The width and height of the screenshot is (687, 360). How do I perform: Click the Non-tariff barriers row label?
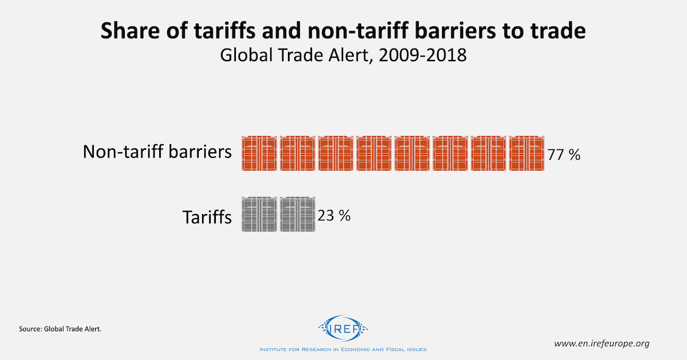click(157, 152)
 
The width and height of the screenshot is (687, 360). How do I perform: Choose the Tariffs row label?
click(207, 217)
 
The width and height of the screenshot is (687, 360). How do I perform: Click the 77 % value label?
click(564, 155)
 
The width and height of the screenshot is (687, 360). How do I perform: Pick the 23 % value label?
click(333, 216)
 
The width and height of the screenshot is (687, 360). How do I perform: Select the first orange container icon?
click(259, 153)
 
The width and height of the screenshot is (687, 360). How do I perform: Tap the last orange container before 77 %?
click(526, 153)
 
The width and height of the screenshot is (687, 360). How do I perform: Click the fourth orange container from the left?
click(373, 153)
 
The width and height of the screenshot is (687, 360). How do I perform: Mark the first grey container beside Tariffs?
click(259, 215)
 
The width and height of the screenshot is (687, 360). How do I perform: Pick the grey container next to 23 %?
click(297, 215)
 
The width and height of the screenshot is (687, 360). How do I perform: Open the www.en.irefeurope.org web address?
click(602, 343)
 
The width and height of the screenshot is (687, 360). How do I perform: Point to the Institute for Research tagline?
click(343, 349)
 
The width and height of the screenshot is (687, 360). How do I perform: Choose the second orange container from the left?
click(297, 153)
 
